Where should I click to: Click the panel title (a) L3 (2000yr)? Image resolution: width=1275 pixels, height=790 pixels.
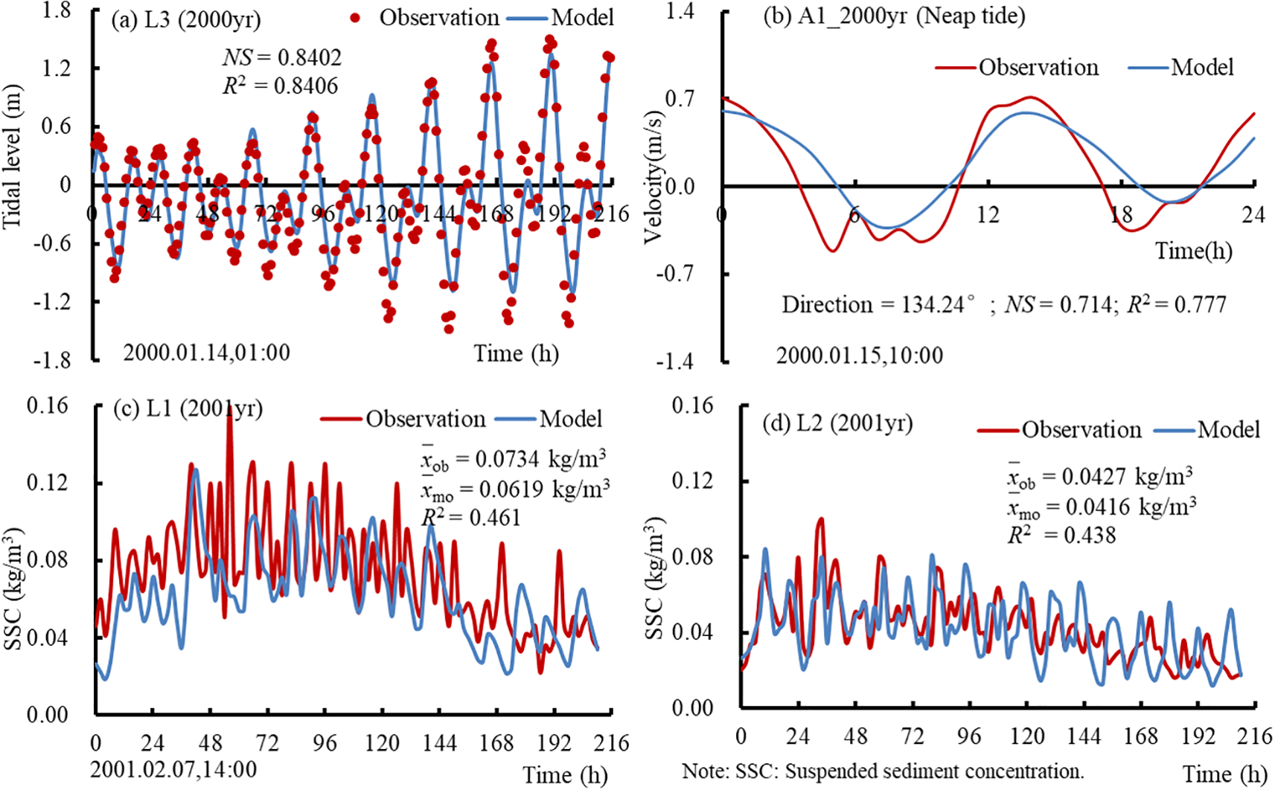(186, 19)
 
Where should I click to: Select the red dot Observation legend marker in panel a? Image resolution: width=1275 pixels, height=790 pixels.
(356, 18)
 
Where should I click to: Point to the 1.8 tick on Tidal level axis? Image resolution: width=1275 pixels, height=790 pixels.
(57, 10)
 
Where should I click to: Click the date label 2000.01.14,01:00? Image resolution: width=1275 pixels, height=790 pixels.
(206, 352)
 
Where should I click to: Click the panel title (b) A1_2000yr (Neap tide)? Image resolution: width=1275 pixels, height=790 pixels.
(894, 16)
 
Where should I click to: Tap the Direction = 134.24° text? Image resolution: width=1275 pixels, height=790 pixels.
(878, 304)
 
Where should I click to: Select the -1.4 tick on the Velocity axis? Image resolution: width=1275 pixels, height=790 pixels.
(674, 362)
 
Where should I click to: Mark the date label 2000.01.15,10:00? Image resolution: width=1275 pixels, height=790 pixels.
(859, 356)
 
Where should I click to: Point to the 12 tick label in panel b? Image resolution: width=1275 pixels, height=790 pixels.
(988, 215)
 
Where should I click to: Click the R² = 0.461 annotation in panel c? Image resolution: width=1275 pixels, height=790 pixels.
(470, 518)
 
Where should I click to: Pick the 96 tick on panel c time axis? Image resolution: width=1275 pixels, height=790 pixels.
(324, 742)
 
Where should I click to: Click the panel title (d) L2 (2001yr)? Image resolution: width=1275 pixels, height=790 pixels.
(837, 423)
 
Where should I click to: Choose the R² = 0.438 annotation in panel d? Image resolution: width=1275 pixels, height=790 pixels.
(1061, 535)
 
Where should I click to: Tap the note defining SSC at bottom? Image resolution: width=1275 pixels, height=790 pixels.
(883, 771)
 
